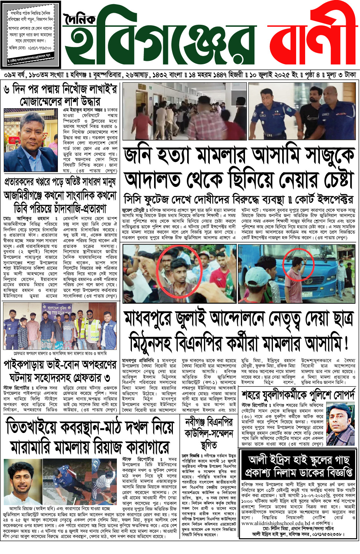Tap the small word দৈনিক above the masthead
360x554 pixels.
(79, 20)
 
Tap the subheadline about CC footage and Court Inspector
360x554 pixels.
(238, 199)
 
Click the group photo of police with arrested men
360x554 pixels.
(60, 326)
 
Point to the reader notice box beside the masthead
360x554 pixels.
(30, 34)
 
